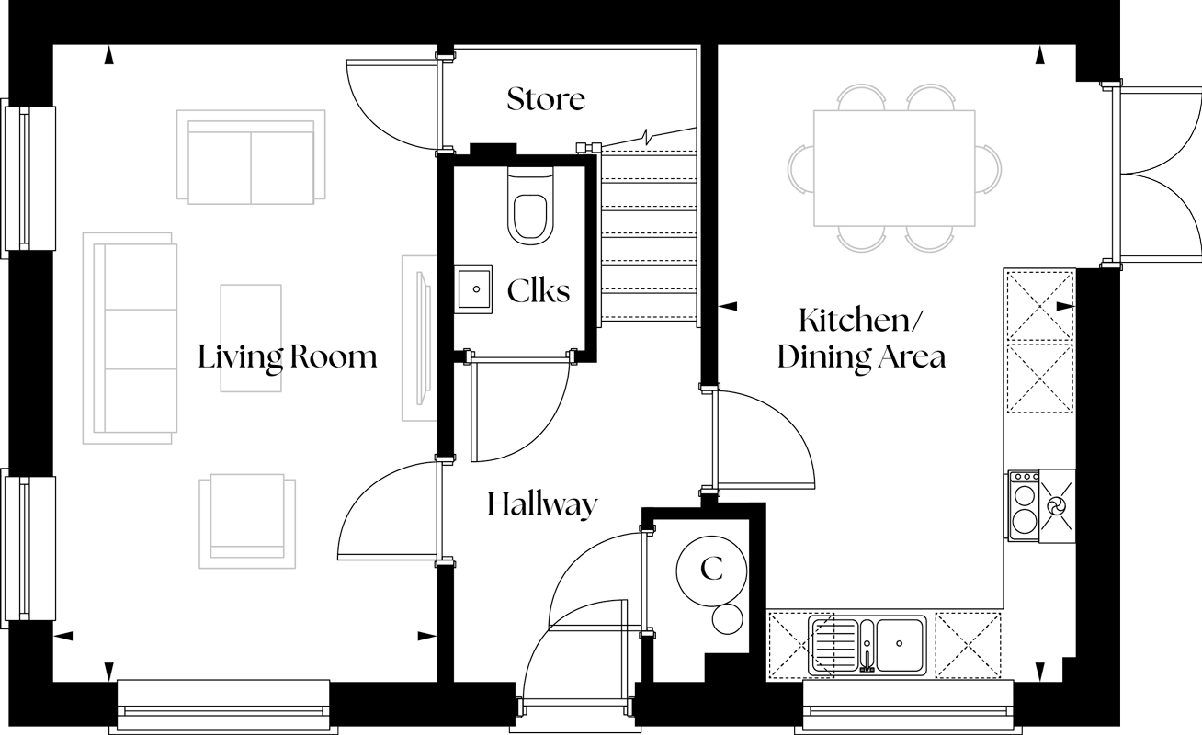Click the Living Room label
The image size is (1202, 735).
288,356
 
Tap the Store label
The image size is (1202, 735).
546,98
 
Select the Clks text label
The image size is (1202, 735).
539,291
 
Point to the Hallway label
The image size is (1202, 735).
542,503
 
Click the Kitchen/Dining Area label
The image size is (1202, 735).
861,338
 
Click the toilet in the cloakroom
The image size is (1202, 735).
529,208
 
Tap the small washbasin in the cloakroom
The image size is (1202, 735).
474,289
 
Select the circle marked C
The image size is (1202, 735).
711,570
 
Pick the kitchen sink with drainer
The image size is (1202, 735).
867,643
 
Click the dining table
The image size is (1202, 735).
894,167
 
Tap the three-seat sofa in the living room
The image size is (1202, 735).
130,338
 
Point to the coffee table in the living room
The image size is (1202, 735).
251,338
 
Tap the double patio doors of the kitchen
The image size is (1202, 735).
1156,175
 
